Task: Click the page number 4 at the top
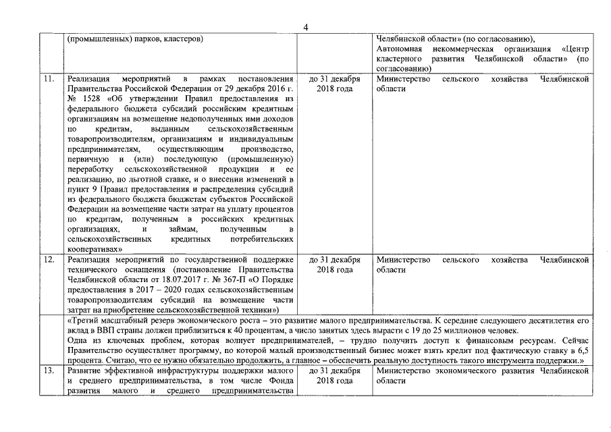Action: (306, 28)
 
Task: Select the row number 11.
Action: (49, 79)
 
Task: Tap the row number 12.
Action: (49, 259)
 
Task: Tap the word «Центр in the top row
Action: (573, 49)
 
